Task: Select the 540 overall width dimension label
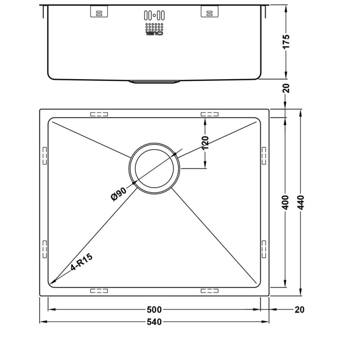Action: [155, 322]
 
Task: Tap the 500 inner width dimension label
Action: [155, 310]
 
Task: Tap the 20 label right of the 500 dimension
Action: [300, 310]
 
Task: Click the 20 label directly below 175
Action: [287, 88]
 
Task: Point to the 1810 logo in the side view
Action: [154, 33]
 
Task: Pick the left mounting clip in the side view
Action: [100, 13]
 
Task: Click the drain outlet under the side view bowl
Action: [154, 82]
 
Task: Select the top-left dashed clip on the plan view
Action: [99, 114]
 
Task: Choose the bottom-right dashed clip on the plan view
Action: [209, 291]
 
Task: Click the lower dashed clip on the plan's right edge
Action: [264, 249]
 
